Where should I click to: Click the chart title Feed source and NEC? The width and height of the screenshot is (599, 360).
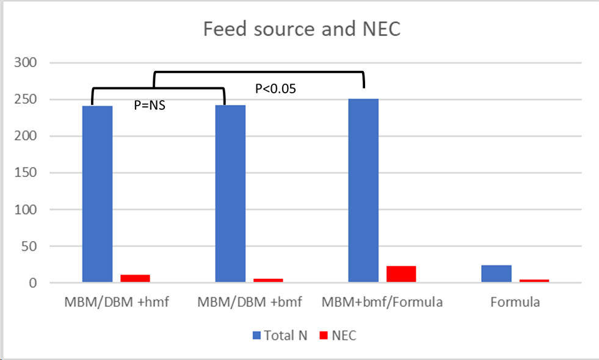click(302, 29)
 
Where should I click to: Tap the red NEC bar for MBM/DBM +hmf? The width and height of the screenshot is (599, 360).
click(135, 279)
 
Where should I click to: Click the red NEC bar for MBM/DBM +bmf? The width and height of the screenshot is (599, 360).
click(268, 281)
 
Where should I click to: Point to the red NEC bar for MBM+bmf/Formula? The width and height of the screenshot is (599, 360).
click(401, 275)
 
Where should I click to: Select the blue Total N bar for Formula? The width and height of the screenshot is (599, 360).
click(496, 274)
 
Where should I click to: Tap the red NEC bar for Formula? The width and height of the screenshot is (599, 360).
click(534, 281)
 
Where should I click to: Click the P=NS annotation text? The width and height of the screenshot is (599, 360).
click(150, 106)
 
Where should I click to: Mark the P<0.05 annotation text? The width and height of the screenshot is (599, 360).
click(275, 88)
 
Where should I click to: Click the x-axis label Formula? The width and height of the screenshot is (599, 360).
click(515, 302)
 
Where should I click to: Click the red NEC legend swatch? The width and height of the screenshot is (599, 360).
click(324, 335)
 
